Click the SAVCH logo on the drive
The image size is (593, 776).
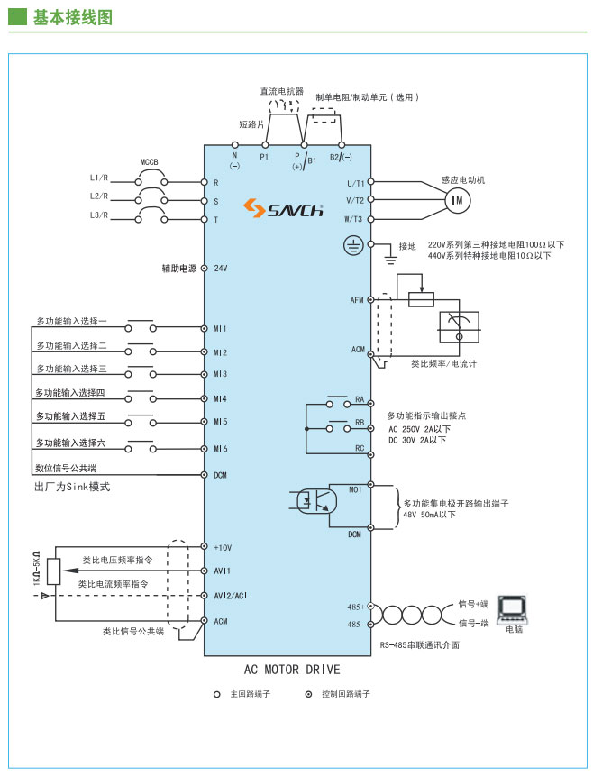click(283, 210)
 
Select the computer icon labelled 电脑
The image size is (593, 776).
click(514, 607)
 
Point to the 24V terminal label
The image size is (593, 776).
click(220, 269)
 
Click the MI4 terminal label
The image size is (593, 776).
click(220, 397)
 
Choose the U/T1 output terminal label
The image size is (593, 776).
click(354, 182)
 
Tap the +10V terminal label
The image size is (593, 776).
click(223, 547)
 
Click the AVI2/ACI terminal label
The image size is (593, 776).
click(231, 596)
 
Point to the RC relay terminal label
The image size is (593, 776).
click(359, 447)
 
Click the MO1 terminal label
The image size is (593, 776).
click(355, 489)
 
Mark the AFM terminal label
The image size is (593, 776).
click(356, 298)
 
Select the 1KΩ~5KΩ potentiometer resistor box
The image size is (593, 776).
click(53, 571)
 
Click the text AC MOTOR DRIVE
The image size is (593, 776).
click(292, 670)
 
